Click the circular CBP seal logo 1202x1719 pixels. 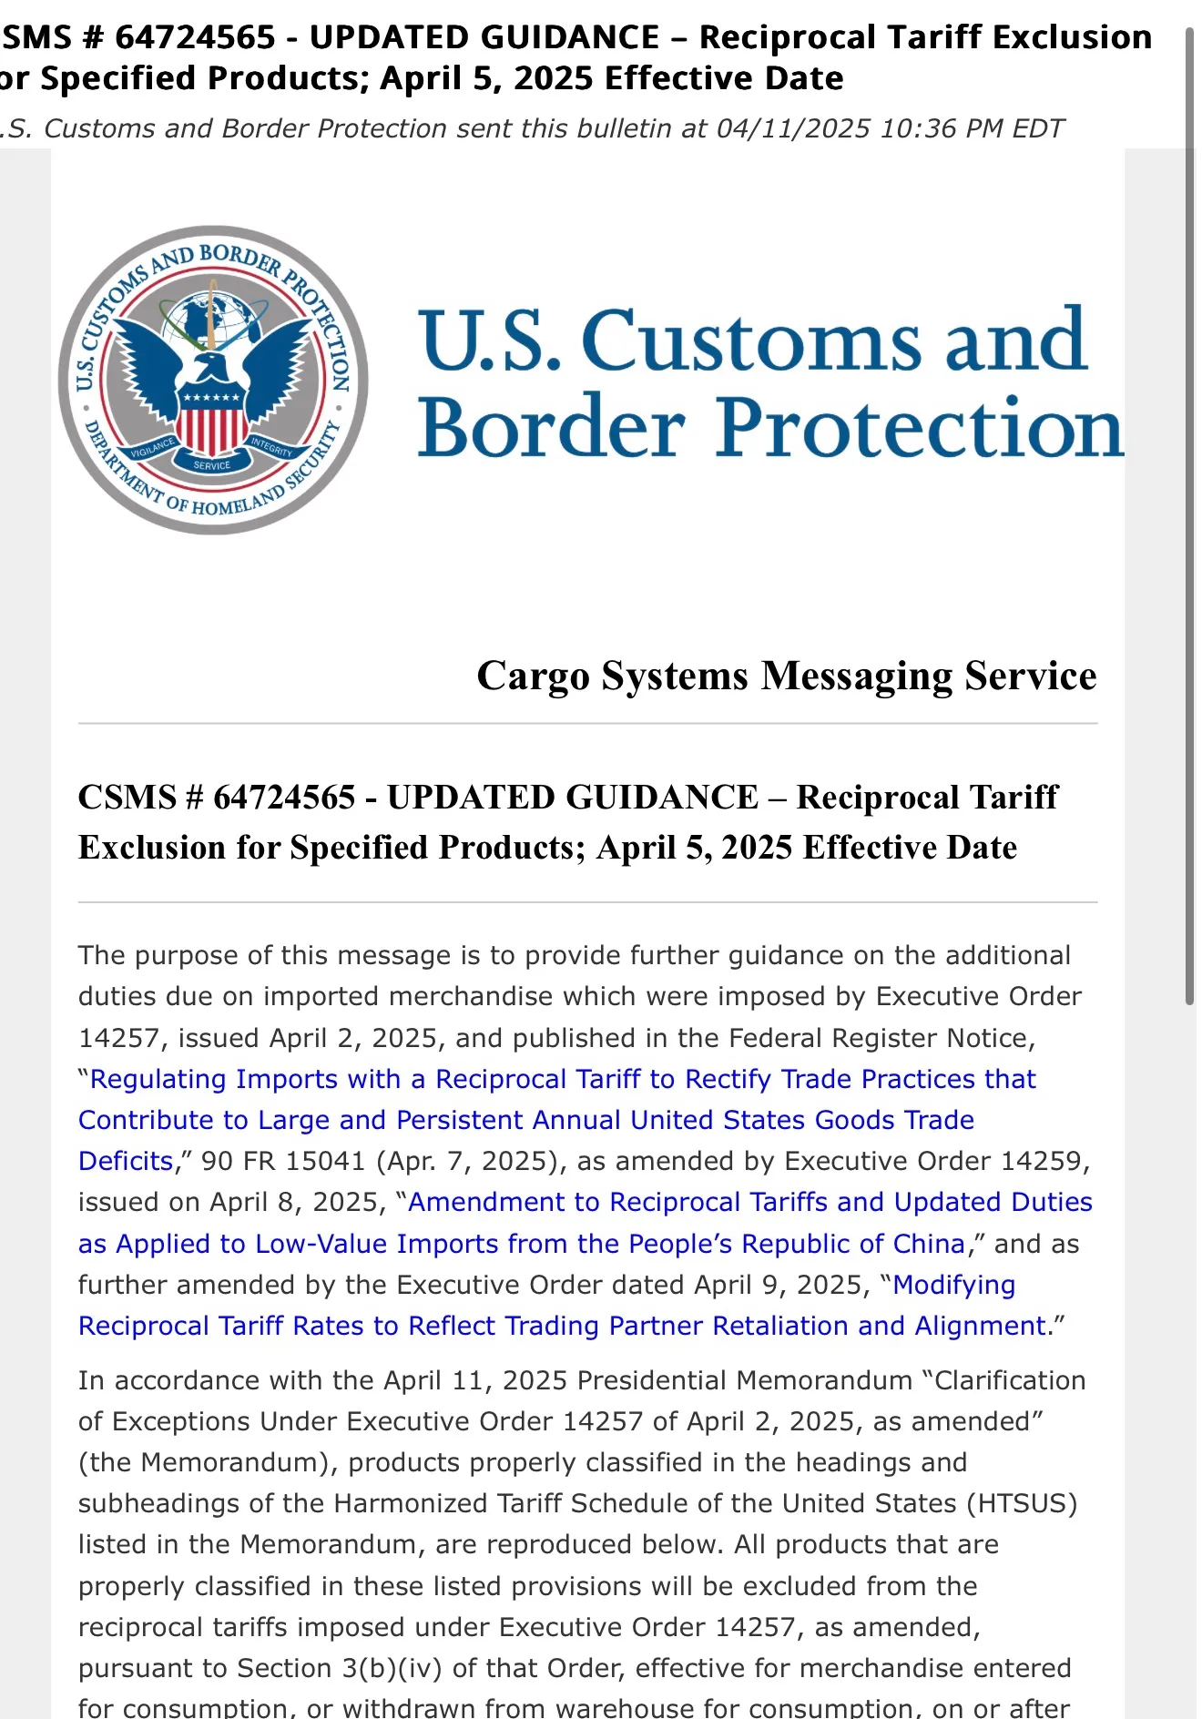click(x=213, y=380)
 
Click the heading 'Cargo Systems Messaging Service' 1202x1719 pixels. click(x=786, y=676)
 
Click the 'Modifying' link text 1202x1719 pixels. click(x=953, y=1285)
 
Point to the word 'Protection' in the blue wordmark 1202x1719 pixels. click(x=920, y=428)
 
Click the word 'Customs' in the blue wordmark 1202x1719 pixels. click(x=751, y=341)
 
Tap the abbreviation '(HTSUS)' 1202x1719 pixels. click(x=1027, y=1503)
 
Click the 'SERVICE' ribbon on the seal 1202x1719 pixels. click(x=212, y=465)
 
